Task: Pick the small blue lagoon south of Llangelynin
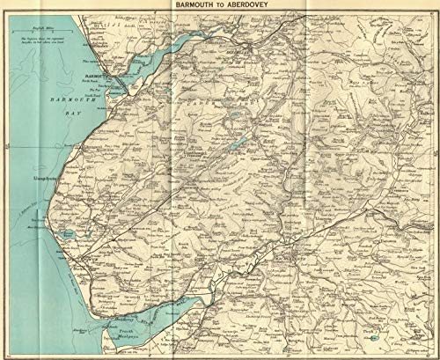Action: coord(67,234)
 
